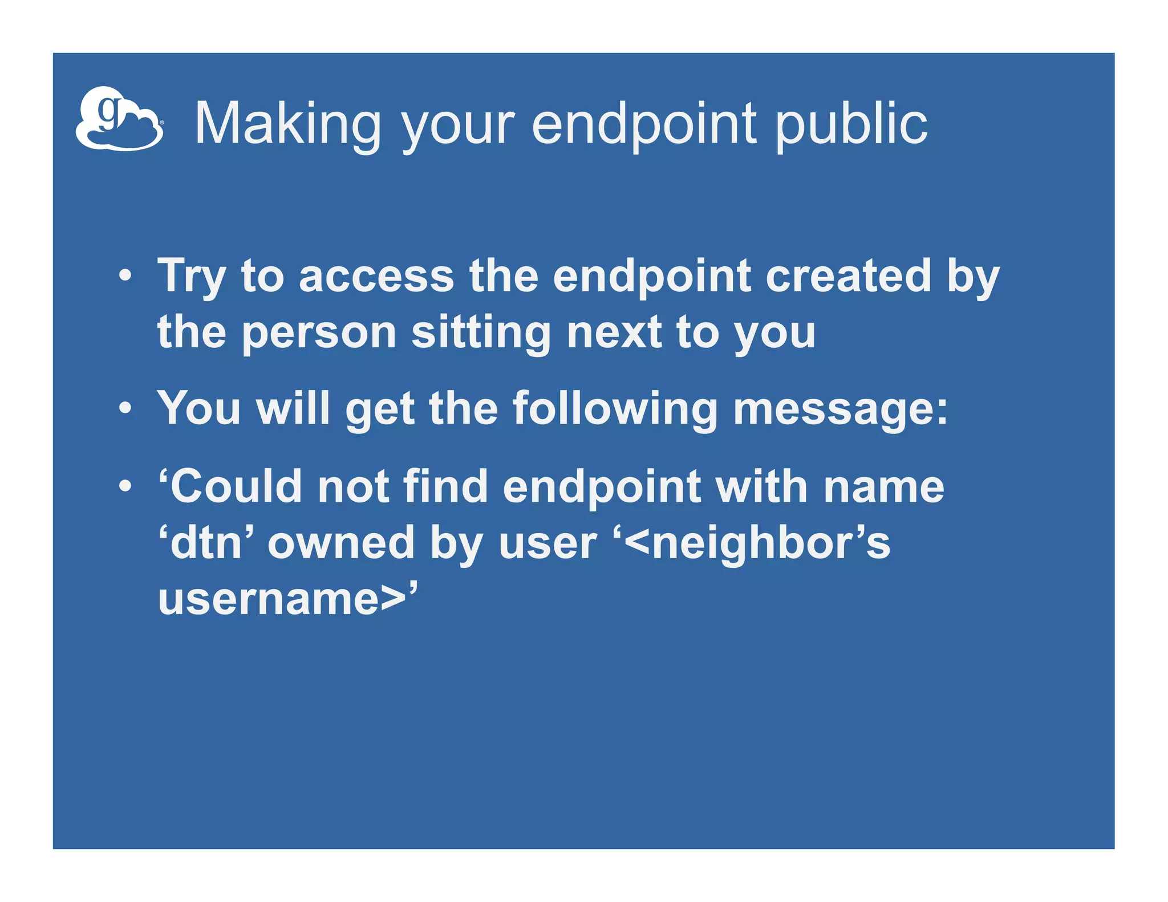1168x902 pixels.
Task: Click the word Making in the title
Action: (x=288, y=124)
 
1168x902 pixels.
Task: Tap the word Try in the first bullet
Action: (x=192, y=277)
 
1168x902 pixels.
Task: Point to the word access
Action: (x=376, y=277)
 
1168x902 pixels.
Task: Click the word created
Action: (x=848, y=277)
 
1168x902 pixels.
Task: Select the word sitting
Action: (x=481, y=334)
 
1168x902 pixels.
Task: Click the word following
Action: (x=615, y=409)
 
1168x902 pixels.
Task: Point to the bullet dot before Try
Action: (x=125, y=277)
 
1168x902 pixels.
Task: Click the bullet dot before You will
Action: (x=125, y=409)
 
